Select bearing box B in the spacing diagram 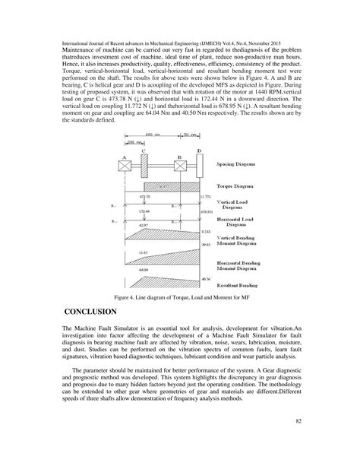179,163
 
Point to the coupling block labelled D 200,163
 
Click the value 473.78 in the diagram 144,195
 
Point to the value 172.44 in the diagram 144,211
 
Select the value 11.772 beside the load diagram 206,195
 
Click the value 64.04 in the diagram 144,269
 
